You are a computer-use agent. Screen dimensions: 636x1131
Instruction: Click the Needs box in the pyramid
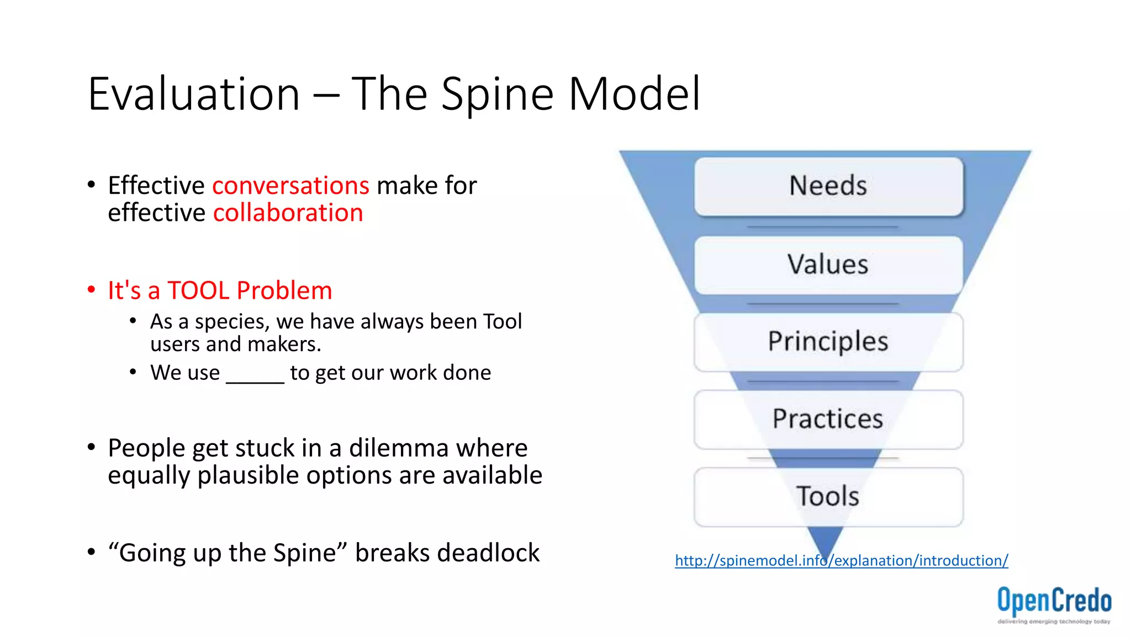click(x=828, y=186)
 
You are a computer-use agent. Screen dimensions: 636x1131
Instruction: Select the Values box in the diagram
click(x=828, y=264)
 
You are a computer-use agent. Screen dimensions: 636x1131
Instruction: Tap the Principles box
click(x=828, y=342)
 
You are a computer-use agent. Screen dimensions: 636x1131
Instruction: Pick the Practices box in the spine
click(x=828, y=419)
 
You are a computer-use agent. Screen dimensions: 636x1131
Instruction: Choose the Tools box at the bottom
click(x=828, y=496)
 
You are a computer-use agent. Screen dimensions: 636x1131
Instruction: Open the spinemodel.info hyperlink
click(x=841, y=560)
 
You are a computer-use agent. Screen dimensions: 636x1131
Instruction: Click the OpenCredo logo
click(x=1054, y=603)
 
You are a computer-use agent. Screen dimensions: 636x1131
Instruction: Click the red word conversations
click(x=290, y=185)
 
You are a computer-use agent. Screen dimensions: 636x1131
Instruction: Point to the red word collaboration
click(x=288, y=213)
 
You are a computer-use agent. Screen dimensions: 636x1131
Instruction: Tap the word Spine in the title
click(x=497, y=94)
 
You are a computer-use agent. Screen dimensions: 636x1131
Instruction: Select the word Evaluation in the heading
click(x=194, y=94)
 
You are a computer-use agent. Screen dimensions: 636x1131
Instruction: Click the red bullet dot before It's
click(x=92, y=290)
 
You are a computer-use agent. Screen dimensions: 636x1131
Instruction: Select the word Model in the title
click(x=635, y=94)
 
